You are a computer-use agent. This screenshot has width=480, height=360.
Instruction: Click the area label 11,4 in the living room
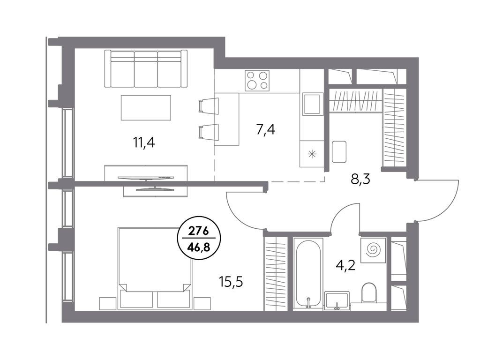144,141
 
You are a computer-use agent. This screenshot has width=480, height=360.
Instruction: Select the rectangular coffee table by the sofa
146,107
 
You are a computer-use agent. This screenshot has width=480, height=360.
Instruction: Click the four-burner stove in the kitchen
257,80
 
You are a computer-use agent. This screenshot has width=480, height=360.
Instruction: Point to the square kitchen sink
312,104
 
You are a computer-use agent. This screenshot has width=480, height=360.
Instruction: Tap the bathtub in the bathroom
308,273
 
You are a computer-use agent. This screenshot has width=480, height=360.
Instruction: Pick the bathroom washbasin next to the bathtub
337,300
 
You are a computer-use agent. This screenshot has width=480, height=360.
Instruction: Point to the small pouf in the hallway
339,151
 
